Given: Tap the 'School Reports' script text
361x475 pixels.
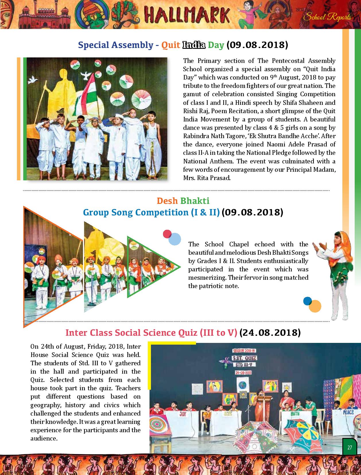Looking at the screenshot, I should point(327,17).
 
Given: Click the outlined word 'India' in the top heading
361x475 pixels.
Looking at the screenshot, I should point(194,45).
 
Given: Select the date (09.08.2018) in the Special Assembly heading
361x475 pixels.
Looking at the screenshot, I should point(257,45).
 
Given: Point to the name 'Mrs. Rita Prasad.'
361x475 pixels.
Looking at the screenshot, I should point(207,178).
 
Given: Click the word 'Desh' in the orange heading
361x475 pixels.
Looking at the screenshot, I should point(168,201).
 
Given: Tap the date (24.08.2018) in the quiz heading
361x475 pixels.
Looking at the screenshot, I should point(270,333).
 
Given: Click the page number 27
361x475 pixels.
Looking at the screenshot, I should point(350,447).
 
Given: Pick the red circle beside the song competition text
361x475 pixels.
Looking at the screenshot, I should point(167,234).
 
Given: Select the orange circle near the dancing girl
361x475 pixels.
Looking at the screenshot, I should point(315,306).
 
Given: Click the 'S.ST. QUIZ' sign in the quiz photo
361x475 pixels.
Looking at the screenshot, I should point(244,358).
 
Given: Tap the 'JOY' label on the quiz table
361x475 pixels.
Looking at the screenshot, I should point(183,414).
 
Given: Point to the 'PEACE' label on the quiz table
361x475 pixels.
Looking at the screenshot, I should point(348,413).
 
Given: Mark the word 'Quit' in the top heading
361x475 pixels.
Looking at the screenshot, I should point(170,45).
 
